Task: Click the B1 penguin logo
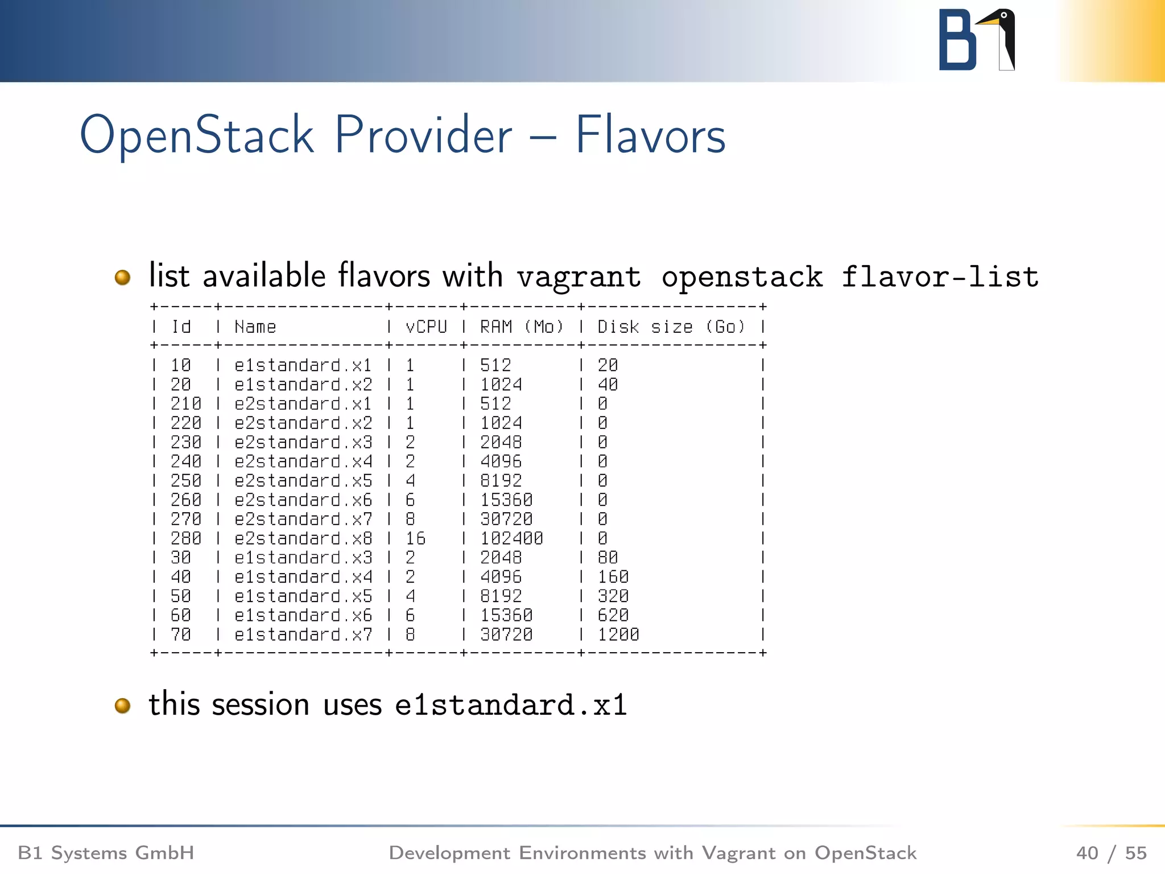[x=977, y=40]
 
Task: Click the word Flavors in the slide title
[x=650, y=135]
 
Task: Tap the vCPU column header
[x=426, y=327]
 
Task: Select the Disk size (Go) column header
[x=671, y=327]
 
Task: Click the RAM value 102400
[x=511, y=538]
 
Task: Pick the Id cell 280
[x=186, y=538]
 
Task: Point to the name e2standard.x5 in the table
[x=303, y=481]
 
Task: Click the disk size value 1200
[x=618, y=634]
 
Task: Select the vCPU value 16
[x=415, y=538]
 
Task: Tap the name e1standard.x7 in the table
[x=303, y=634]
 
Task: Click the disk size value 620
[x=613, y=615]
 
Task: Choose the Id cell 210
[x=186, y=403]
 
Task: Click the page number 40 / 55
[x=1111, y=853]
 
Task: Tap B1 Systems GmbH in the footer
[x=106, y=853]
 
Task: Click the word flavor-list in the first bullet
[x=940, y=277]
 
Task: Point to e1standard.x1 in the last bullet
[x=511, y=705]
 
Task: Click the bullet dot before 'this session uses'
[x=122, y=706]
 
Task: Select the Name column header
[x=255, y=327]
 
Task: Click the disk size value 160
[x=613, y=577]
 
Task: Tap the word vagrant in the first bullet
[x=579, y=277]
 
